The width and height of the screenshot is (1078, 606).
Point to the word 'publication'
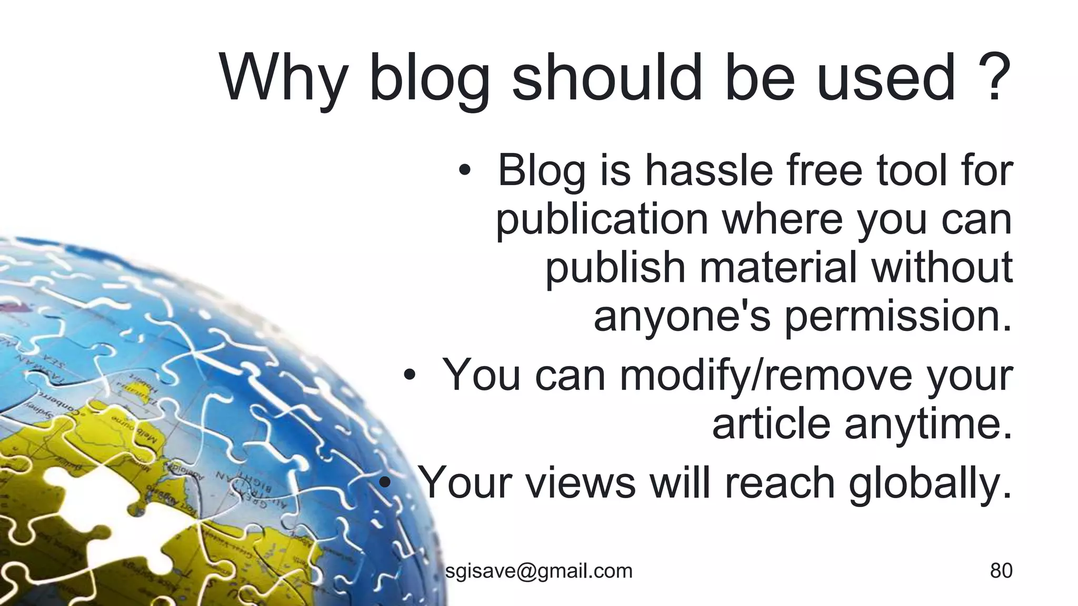(602, 220)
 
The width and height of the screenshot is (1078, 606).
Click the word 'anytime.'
(929, 423)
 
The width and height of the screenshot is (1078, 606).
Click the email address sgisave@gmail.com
(538, 570)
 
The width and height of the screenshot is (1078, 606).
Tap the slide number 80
(1001, 570)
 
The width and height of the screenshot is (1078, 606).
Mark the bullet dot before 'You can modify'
(410, 376)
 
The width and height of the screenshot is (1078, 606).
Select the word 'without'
(942, 267)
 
